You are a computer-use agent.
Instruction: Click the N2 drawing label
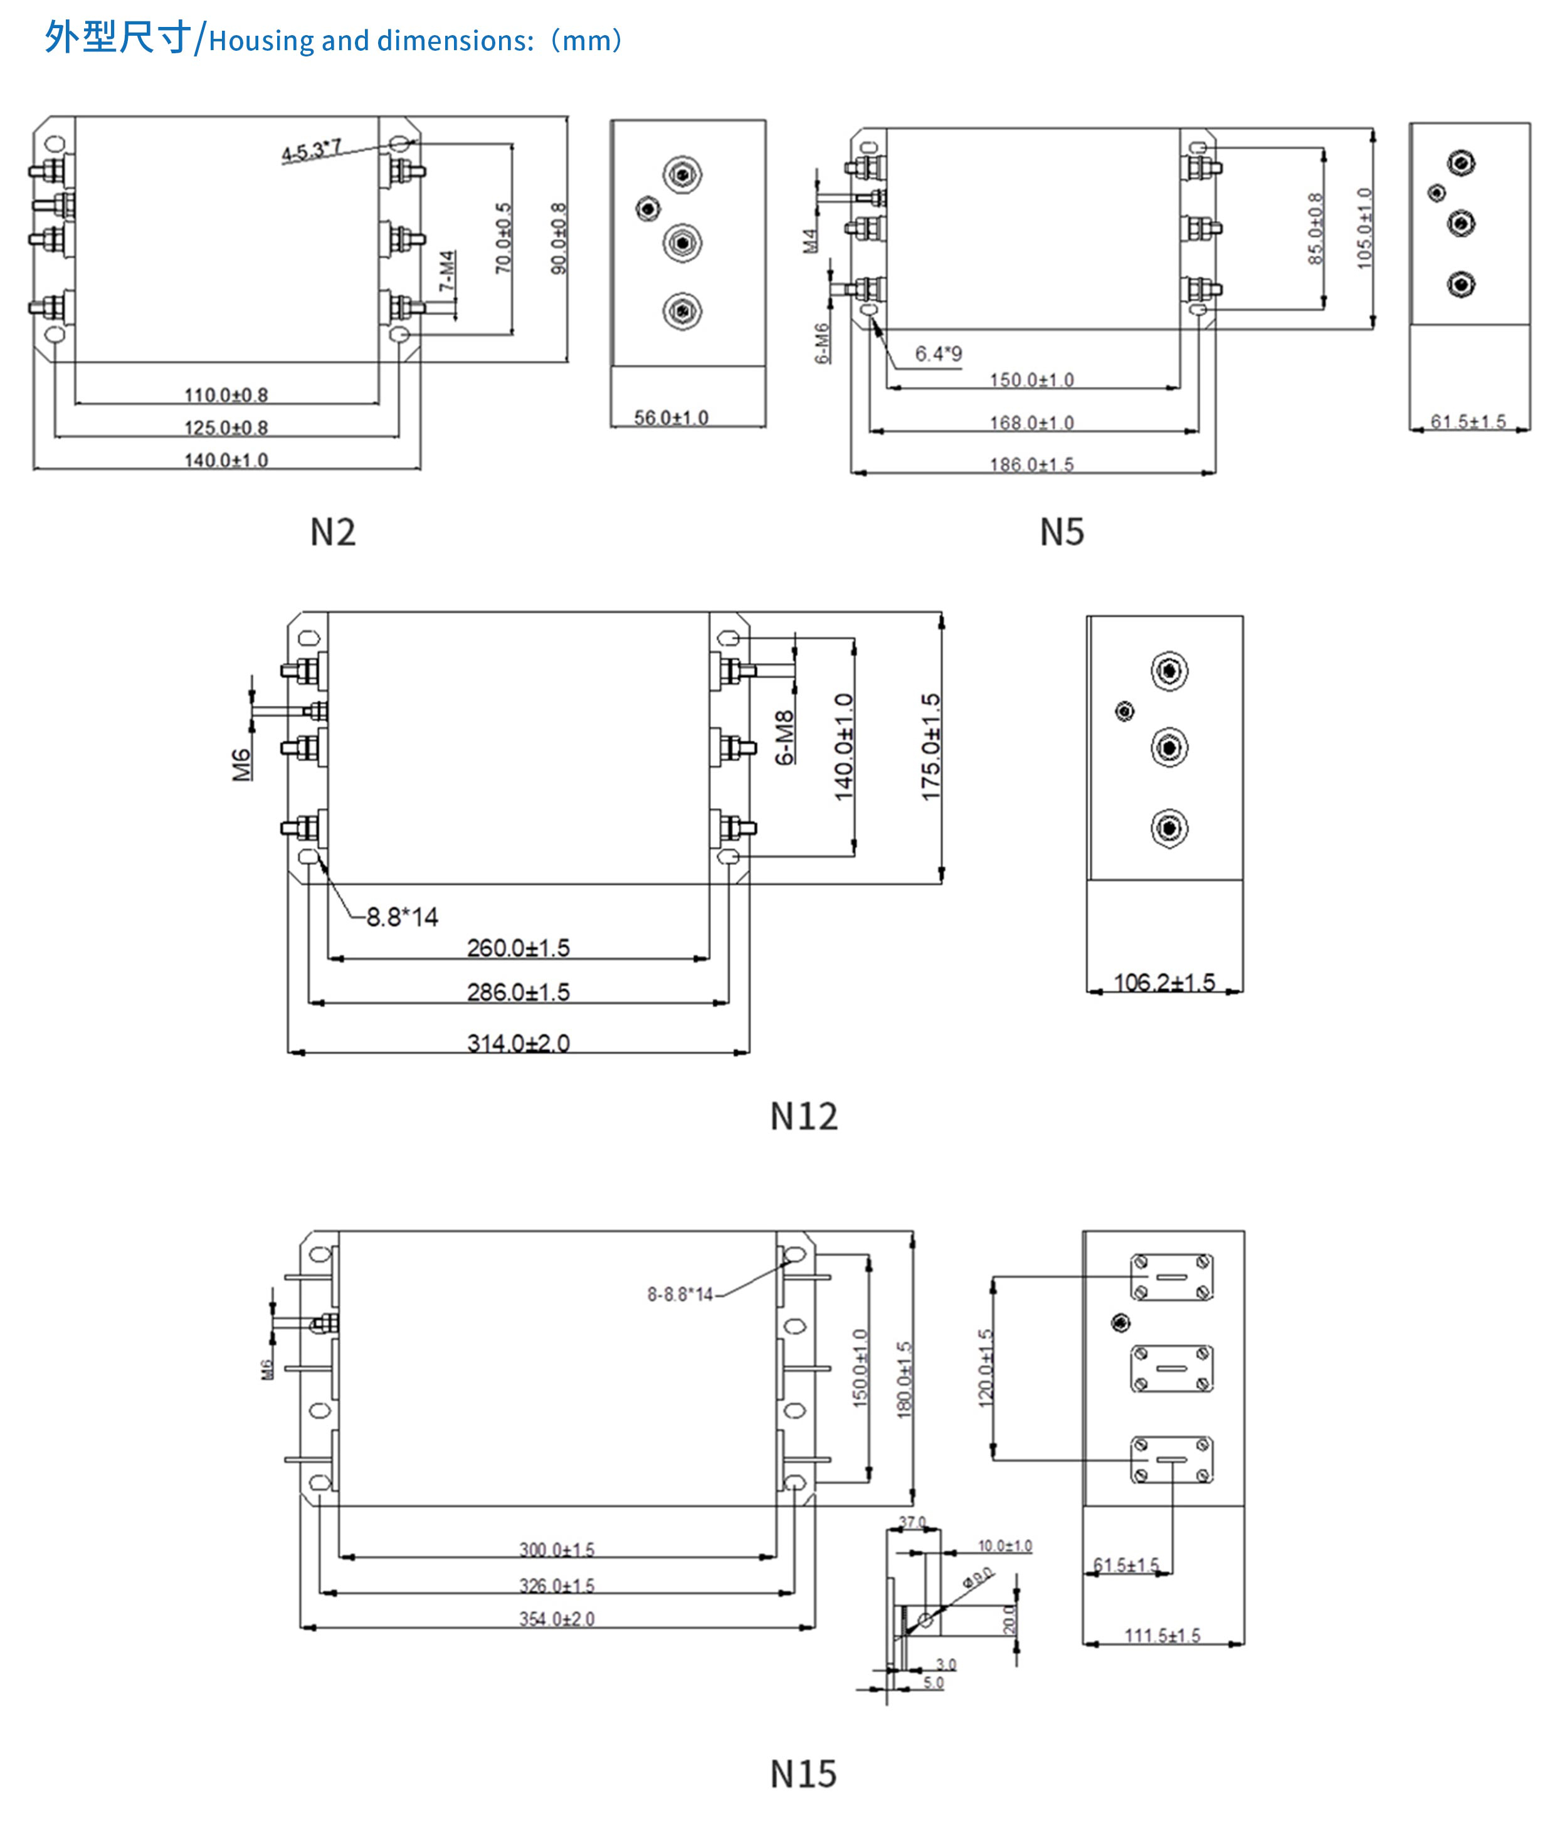pyautogui.click(x=332, y=532)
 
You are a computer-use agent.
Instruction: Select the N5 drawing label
pyautogui.click(x=1062, y=532)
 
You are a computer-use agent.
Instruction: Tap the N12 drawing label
pyautogui.click(x=803, y=1117)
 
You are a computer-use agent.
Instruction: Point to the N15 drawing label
pyautogui.click(x=803, y=1774)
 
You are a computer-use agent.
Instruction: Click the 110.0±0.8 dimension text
pyautogui.click(x=226, y=395)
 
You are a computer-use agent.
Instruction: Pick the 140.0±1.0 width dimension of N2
pyautogui.click(x=226, y=460)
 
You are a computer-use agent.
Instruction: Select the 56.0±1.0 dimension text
pyautogui.click(x=671, y=418)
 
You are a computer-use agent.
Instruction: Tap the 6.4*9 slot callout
pyautogui.click(x=938, y=354)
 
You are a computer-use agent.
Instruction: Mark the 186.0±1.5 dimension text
pyautogui.click(x=1031, y=465)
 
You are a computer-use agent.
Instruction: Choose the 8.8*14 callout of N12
pyautogui.click(x=402, y=918)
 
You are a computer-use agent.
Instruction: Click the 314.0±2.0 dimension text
pyautogui.click(x=519, y=1044)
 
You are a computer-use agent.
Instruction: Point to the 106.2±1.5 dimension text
pyautogui.click(x=1164, y=983)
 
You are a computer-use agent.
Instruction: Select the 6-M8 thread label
pyautogui.click(x=784, y=738)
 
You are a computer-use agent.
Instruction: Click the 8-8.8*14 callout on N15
pyautogui.click(x=680, y=1295)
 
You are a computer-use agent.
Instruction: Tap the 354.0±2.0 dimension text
pyautogui.click(x=556, y=1619)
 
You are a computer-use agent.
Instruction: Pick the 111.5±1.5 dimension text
pyautogui.click(x=1162, y=1636)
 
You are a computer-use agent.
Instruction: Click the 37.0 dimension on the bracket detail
pyautogui.click(x=912, y=1522)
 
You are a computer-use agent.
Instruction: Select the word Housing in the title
pyautogui.click(x=262, y=41)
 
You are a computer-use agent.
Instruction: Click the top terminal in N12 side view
pyautogui.click(x=1169, y=671)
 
